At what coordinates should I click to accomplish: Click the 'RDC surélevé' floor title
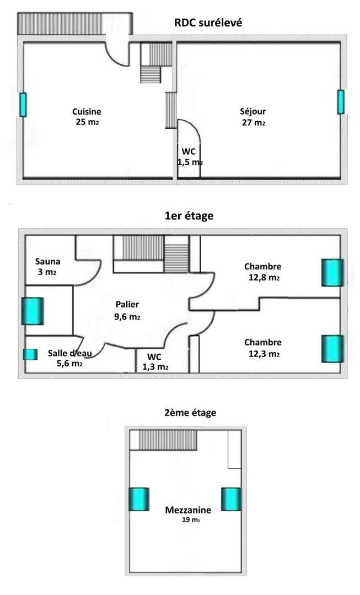[208, 23]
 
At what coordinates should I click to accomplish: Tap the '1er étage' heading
[189, 216]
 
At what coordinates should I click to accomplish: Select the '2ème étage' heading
[190, 413]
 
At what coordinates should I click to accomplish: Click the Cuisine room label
[87, 111]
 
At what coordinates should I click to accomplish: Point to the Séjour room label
[253, 111]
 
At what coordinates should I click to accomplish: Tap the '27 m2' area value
[253, 122]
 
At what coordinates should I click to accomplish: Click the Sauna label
[48, 262]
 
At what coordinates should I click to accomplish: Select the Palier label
[127, 304]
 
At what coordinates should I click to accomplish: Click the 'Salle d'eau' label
[70, 353]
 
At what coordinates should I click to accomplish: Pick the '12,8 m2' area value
[264, 277]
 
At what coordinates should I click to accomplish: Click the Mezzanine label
[188, 510]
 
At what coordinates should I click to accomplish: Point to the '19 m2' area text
[191, 520]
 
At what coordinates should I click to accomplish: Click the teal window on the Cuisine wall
[23, 105]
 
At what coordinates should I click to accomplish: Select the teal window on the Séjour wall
[341, 102]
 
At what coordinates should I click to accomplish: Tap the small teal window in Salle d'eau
[30, 354]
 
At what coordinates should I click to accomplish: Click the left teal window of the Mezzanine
[138, 499]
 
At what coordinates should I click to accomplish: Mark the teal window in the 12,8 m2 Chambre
[332, 273]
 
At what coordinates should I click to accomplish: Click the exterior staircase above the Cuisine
[75, 24]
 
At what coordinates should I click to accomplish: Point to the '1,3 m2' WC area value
[155, 367]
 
